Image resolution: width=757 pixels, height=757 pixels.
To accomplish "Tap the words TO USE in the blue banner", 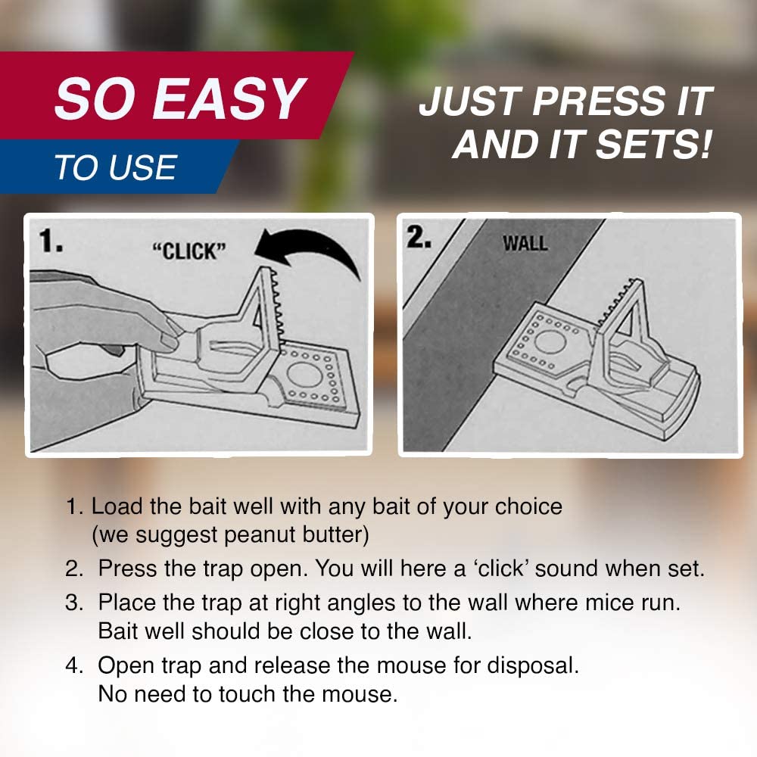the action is [115, 167].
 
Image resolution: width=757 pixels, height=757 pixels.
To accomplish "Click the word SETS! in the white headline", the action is [654, 145].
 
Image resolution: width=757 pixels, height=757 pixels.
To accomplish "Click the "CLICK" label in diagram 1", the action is [189, 251].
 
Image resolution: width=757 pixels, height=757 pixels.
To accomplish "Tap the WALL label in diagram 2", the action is [525, 243].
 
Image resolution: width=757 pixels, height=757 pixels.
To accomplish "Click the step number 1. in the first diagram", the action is [51, 241].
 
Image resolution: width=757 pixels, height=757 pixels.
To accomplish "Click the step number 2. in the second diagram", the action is [418, 238].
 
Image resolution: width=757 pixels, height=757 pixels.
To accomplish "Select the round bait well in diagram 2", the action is [550, 341].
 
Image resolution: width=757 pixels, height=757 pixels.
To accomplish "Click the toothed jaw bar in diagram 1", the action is [276, 307].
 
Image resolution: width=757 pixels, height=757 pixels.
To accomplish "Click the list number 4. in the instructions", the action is [74, 665].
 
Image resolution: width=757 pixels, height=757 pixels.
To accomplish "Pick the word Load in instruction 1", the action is [117, 506].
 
